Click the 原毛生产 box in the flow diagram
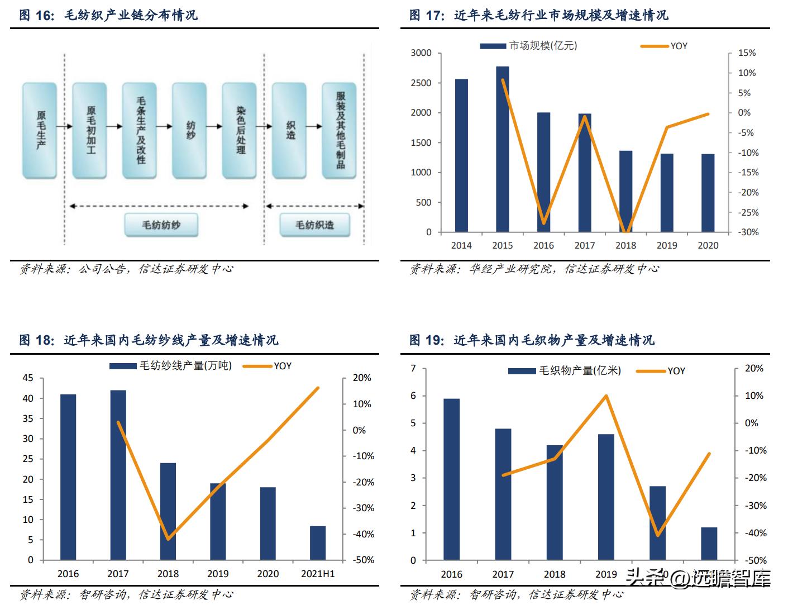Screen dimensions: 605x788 40,130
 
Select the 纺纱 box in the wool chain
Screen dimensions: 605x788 189,130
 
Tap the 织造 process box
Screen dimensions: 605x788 289,130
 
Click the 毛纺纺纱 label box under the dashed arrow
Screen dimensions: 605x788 161,225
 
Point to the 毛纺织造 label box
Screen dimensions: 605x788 314,225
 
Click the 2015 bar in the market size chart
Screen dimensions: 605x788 502,149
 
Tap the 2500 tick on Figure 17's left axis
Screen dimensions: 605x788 421,83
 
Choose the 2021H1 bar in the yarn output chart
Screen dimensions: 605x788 318,543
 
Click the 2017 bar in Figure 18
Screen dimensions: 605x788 118,475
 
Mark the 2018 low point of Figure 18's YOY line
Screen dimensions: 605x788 168,539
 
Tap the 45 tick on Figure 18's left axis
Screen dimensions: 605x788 28,378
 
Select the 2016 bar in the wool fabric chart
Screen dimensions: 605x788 451,479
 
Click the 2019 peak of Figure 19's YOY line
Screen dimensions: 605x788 606,396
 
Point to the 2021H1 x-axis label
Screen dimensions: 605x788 318,574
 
